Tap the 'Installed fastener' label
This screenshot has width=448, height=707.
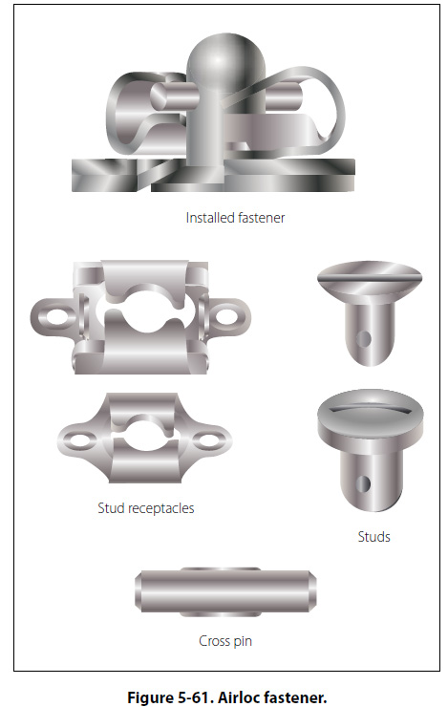235,218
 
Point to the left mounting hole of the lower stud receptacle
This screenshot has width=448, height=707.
82,439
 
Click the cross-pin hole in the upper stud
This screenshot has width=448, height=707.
363,338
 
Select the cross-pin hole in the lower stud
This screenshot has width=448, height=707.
363,483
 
